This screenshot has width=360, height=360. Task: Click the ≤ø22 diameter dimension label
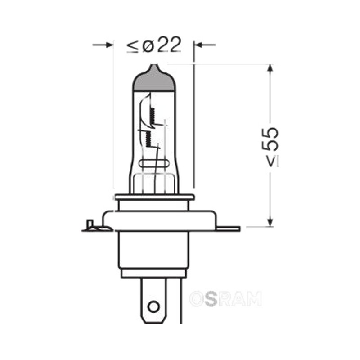154,45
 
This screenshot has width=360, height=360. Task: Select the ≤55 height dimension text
270,147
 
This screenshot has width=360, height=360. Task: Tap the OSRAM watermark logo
225,299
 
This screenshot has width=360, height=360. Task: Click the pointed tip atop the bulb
154,65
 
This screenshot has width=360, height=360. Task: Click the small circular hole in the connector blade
153,306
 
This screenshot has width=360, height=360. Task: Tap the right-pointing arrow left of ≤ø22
103,45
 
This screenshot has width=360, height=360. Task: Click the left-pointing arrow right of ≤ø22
205,45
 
